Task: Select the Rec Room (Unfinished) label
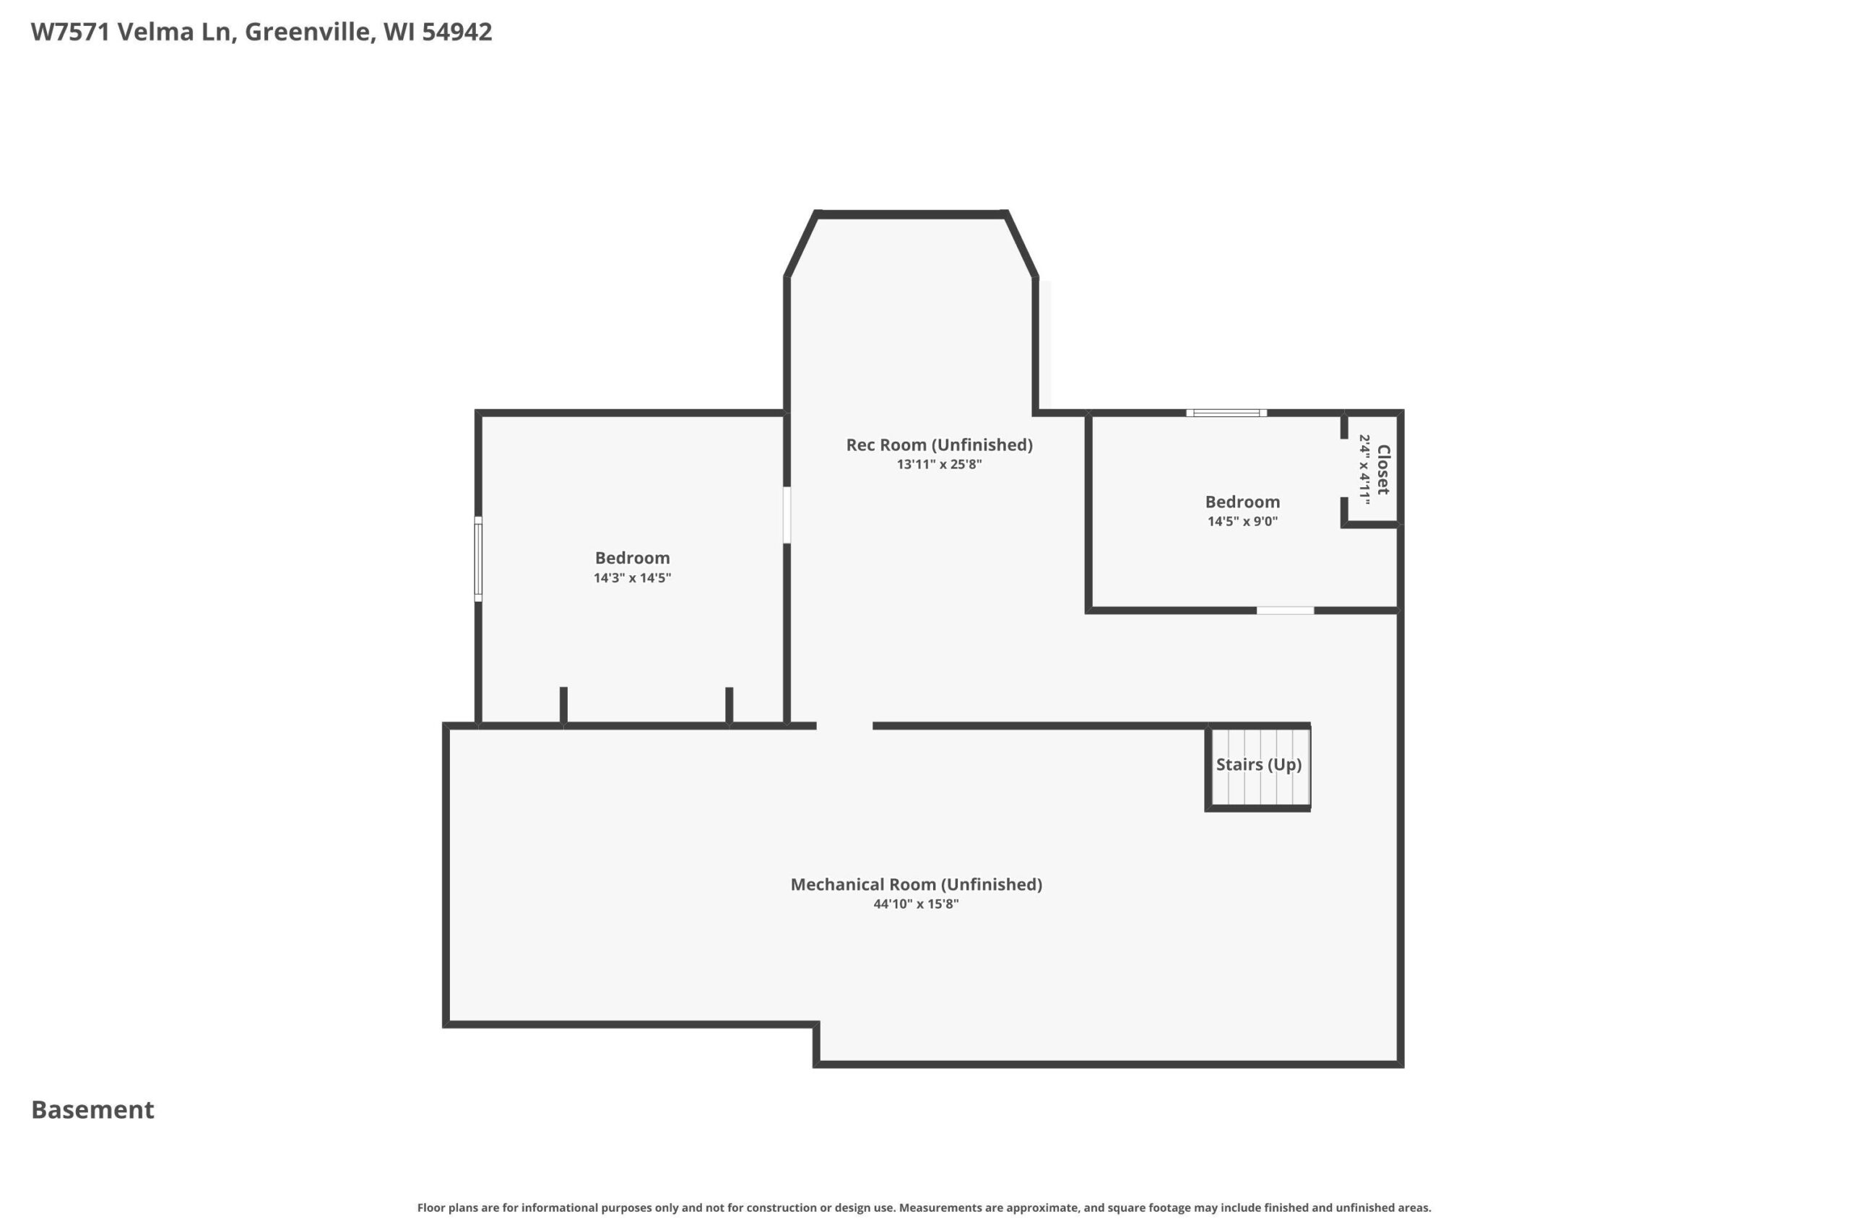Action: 940,445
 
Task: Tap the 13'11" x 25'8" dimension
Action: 940,463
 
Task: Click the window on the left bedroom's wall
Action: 478,559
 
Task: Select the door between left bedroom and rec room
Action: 787,515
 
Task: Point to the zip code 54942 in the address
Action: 457,32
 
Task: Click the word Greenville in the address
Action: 310,32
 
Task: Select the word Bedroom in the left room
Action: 633,558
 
